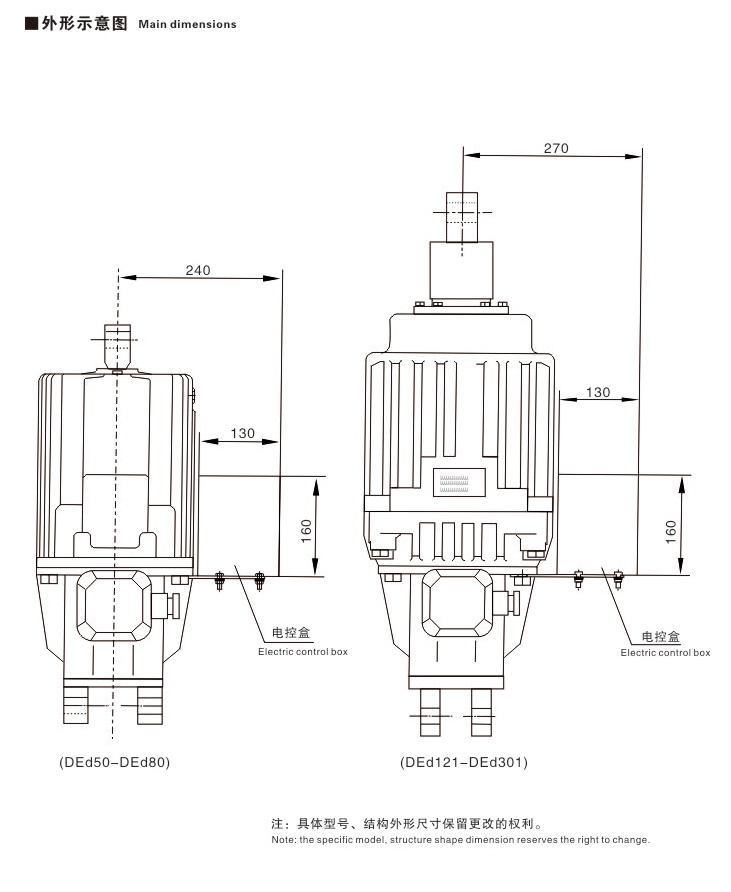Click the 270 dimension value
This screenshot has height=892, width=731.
(x=556, y=148)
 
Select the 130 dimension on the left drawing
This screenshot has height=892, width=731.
(x=242, y=433)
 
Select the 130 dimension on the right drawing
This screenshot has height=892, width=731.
(x=598, y=392)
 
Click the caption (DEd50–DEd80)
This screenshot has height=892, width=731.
(x=114, y=762)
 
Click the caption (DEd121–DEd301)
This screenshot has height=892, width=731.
(x=464, y=762)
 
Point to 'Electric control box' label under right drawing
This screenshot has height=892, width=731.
(x=665, y=652)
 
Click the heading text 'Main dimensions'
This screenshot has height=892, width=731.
(x=187, y=24)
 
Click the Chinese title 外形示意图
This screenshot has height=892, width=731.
(x=84, y=23)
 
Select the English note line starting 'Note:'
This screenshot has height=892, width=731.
(x=460, y=840)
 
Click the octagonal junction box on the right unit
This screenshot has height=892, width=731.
(x=458, y=603)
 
